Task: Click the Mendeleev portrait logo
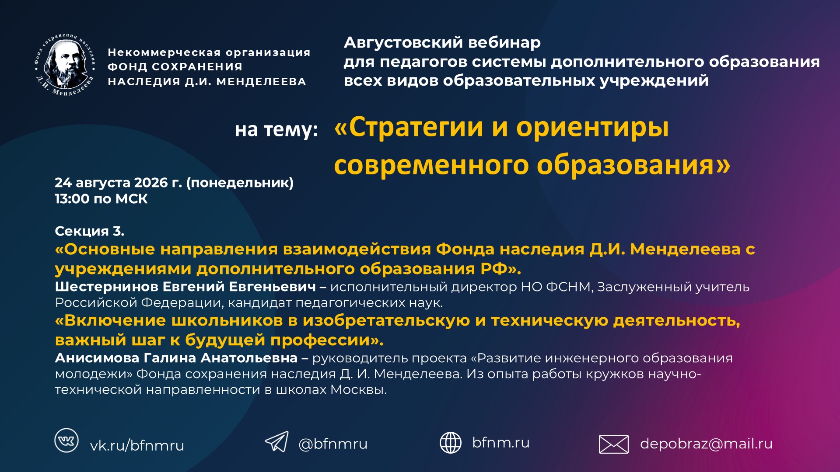pyautogui.click(x=65, y=65)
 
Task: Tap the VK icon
pyautogui.click(x=66, y=440)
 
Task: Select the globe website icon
pyautogui.click(x=450, y=443)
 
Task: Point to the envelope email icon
pyautogui.click(x=613, y=444)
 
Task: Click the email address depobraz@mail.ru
pyautogui.click(x=706, y=444)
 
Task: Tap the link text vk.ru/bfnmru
pyautogui.click(x=137, y=446)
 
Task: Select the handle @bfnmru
pyautogui.click(x=333, y=444)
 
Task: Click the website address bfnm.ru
pyautogui.click(x=501, y=443)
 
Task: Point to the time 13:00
pyautogui.click(x=72, y=199)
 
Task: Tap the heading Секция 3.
pyautogui.click(x=90, y=231)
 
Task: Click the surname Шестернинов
pyautogui.click(x=107, y=287)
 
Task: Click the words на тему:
pyautogui.click(x=276, y=130)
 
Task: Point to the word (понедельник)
pyautogui.click(x=240, y=183)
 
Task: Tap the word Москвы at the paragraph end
pyautogui.click(x=358, y=389)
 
